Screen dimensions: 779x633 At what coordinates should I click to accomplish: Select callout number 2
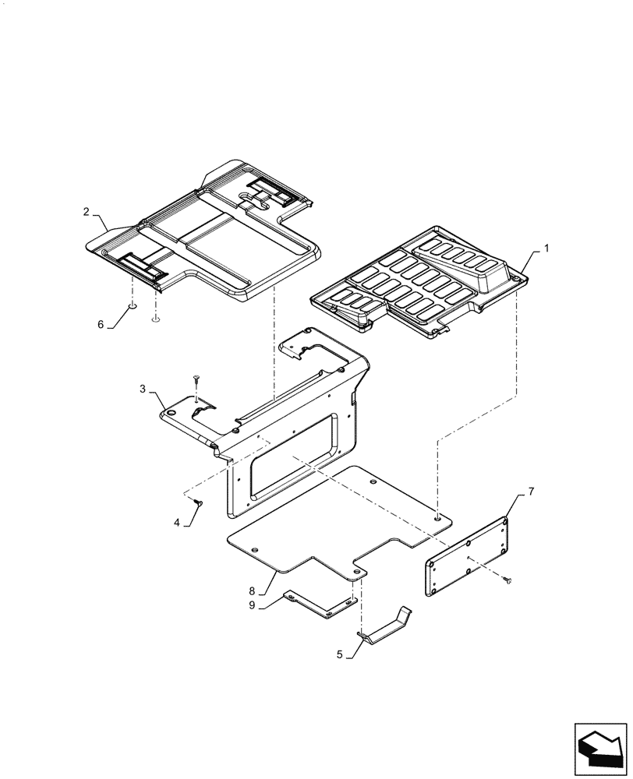87,212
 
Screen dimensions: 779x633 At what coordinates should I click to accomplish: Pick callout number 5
340,655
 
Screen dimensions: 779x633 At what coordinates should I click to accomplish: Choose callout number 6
101,325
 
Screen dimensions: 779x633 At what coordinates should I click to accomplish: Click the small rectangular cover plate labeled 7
468,556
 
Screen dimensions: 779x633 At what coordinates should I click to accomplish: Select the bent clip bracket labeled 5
387,627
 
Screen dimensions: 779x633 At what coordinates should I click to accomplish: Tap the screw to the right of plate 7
507,580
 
